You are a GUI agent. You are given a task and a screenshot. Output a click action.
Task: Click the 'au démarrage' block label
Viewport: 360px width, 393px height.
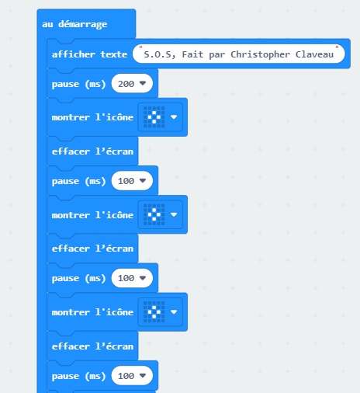[74, 24]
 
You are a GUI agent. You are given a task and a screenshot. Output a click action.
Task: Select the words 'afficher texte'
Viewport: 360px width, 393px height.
[89, 54]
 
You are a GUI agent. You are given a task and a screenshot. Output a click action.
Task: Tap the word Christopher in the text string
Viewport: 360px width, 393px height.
[260, 54]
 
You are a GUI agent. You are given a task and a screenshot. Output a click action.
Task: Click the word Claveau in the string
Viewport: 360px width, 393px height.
[314, 54]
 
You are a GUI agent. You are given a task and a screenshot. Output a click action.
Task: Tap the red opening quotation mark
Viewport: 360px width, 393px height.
[140, 47]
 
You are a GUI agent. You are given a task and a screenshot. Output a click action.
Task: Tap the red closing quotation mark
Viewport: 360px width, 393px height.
[337, 47]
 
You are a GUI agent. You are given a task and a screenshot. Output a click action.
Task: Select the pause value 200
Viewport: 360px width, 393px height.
[126, 84]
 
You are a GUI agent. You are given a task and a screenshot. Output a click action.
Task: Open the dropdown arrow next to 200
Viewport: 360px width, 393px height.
[143, 83]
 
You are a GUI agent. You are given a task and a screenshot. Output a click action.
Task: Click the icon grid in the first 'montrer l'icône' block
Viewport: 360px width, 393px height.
[154, 117]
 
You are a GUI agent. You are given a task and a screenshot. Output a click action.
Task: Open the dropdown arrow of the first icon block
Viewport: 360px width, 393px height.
[174, 117]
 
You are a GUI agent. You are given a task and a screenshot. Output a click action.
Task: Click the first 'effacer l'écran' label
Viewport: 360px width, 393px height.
[92, 151]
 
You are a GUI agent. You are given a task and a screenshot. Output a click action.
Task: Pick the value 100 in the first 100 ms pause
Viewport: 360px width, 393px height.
[126, 181]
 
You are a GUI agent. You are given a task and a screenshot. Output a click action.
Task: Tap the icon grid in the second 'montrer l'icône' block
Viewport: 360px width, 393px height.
[154, 214]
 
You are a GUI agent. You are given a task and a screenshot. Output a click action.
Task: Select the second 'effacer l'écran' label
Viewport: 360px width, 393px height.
[92, 249]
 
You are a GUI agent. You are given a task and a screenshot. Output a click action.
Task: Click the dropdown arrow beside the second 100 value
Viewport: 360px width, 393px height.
[143, 277]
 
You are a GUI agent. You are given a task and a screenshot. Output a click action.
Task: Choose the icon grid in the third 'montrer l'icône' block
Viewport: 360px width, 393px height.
[154, 312]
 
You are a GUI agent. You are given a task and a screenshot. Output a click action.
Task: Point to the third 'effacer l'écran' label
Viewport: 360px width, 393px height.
[92, 346]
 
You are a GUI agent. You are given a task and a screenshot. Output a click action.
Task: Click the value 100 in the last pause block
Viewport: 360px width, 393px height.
[126, 376]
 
